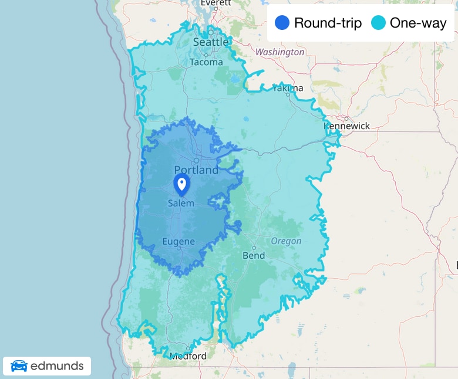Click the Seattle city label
(x=211, y=42)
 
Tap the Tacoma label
(x=206, y=62)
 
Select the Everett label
(x=216, y=3)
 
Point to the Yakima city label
(x=288, y=89)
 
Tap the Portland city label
(x=196, y=170)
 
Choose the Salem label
(x=181, y=203)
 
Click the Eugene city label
(x=178, y=242)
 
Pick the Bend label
(x=254, y=256)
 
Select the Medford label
(x=188, y=356)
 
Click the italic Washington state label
(x=279, y=52)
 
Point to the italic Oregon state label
(x=286, y=241)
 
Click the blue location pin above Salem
(x=181, y=184)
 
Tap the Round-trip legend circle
(x=282, y=23)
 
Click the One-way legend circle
(x=378, y=23)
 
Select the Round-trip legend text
(x=328, y=23)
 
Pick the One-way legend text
(x=418, y=23)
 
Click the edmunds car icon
(x=19, y=366)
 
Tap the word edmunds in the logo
(x=57, y=367)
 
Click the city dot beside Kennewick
(x=346, y=118)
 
